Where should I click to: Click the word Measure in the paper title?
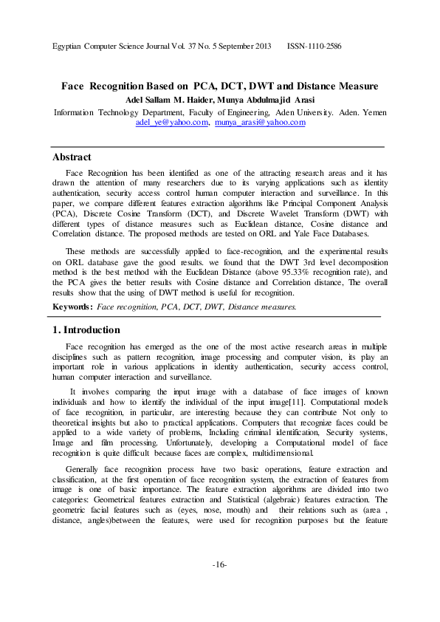pyautogui.click(x=356, y=86)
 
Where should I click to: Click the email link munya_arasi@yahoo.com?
pyautogui.click(x=260, y=123)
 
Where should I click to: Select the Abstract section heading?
pyautogui.click(x=72, y=157)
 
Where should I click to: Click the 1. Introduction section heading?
pyautogui.click(x=86, y=330)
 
